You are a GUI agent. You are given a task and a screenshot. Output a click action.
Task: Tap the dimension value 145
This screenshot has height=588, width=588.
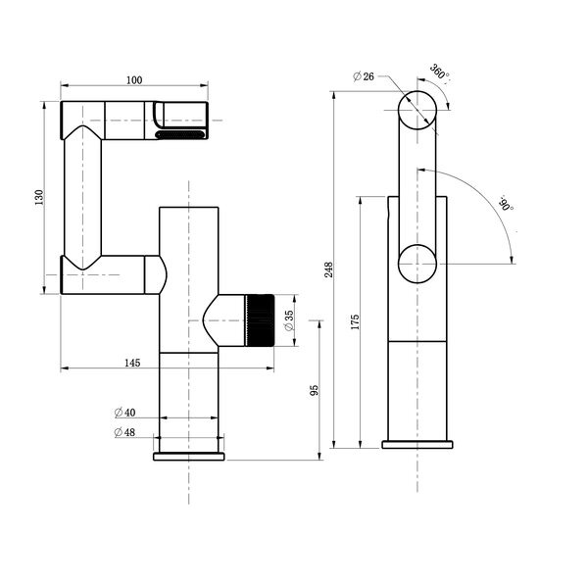tap(133, 363)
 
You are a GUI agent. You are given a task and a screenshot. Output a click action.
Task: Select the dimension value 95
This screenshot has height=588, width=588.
tap(315, 390)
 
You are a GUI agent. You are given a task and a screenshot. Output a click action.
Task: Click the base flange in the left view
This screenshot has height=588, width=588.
tap(188, 457)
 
